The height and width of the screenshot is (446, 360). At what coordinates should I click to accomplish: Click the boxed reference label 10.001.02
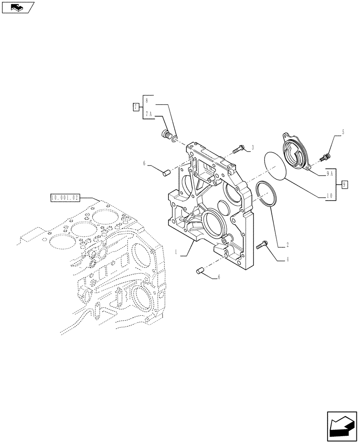65,197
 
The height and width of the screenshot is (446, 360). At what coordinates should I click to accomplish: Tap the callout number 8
147,101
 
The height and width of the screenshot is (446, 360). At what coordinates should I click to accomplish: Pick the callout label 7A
148,114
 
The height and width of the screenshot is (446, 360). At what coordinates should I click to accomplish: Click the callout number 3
253,147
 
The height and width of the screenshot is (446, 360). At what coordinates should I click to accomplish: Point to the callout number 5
343,132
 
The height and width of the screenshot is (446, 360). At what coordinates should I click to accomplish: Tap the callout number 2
287,245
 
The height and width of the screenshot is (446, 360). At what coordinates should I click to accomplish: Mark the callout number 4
287,259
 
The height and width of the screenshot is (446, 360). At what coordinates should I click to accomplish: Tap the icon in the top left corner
18,7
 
